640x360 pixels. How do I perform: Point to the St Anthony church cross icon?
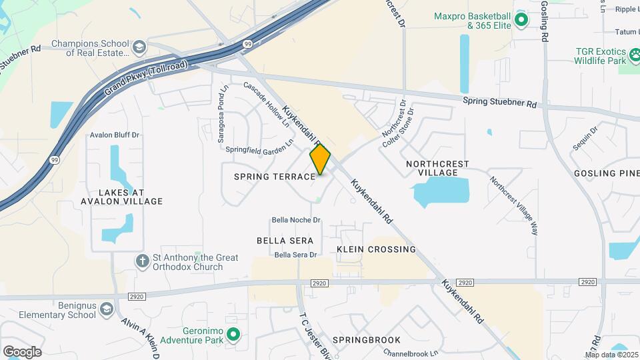click(141, 261)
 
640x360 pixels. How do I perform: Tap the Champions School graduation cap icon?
click(139, 47)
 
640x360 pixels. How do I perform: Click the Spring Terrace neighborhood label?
click(274, 177)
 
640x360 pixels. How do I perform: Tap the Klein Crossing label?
click(376, 249)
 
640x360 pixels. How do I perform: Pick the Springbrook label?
click(367, 340)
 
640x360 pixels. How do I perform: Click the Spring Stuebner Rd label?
click(499, 103)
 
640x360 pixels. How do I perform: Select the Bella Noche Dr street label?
click(296, 220)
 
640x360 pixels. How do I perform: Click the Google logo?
click(22, 352)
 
